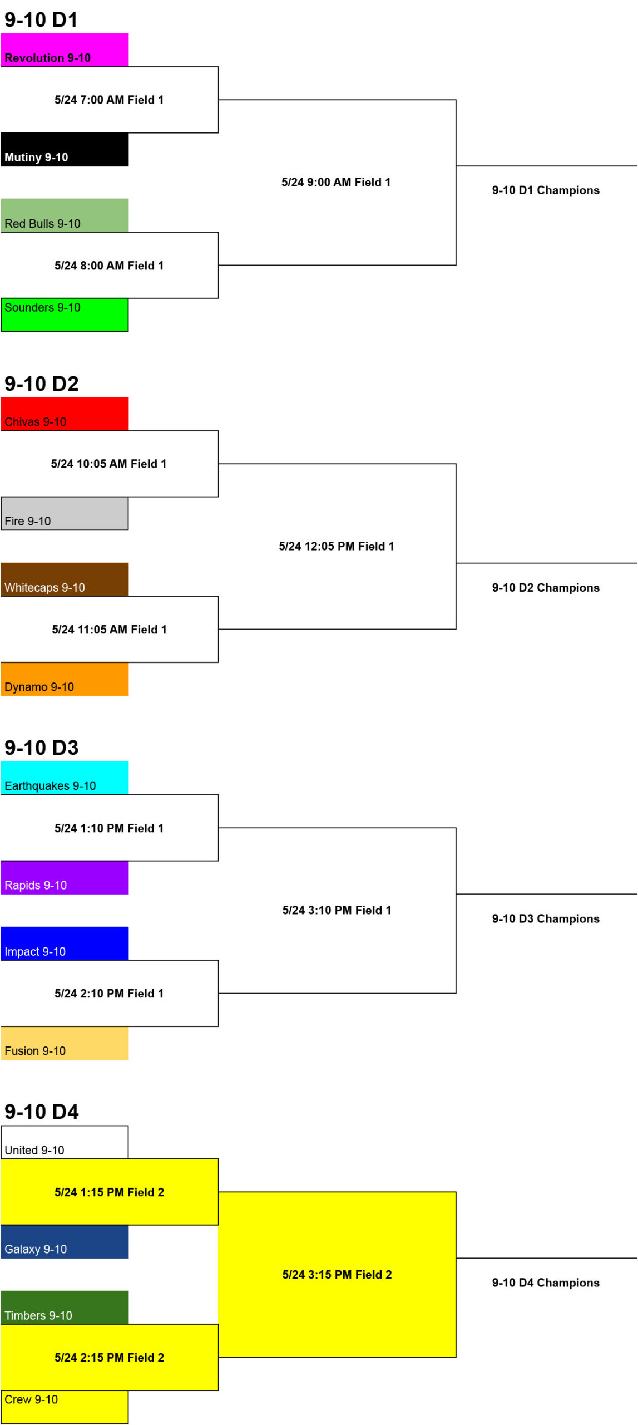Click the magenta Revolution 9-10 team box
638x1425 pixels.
coord(65,50)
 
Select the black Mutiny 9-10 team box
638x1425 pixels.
coord(65,149)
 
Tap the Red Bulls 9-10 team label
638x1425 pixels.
coord(42,223)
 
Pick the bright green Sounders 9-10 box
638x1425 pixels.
coord(65,315)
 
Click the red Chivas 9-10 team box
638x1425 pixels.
coord(65,414)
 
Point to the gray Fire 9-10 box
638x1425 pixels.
coord(65,513)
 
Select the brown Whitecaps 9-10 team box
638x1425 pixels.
coord(65,579)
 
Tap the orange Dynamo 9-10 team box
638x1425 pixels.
coord(65,679)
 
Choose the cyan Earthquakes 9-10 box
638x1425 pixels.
coord(65,778)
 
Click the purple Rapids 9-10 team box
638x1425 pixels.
coord(65,878)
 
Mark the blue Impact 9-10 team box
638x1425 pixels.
coord(65,944)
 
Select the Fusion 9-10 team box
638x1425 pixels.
coord(65,1043)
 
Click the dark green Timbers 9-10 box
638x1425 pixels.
coord(65,1308)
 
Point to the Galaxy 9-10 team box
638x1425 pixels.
coord(65,1242)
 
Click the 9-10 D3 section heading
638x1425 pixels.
coord(42,748)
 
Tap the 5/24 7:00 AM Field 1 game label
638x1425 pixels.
coord(109,100)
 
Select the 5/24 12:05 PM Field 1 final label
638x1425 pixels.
coord(337,546)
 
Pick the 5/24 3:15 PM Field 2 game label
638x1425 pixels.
coord(337,1275)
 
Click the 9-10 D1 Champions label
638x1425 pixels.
coord(546,190)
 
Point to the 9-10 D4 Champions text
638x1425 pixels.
coord(546,1282)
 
